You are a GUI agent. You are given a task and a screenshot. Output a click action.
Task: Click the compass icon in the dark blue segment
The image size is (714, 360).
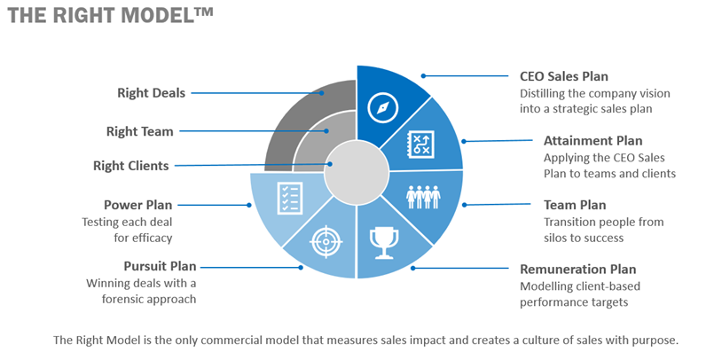pos(383,108)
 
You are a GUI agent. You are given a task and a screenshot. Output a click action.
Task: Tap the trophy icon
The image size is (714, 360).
pos(384,244)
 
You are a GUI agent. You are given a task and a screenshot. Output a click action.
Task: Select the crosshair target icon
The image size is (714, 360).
pos(326,241)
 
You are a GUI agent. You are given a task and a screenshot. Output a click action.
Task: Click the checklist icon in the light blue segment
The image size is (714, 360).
pos(290,198)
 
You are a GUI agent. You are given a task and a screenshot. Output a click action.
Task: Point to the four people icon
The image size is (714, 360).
pos(423,197)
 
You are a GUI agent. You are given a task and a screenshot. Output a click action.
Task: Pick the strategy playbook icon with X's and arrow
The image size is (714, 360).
pos(420,145)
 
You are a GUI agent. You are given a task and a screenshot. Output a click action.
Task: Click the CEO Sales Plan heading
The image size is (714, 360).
pos(564,76)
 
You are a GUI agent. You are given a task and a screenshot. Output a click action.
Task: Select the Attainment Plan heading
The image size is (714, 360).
pos(592,141)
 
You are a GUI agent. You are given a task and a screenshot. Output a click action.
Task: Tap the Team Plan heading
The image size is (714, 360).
pos(575,205)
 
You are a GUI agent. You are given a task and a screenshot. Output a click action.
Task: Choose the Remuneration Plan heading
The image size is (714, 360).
pos(577,270)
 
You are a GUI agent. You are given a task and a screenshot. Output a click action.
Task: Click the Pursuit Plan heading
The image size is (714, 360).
pos(160,266)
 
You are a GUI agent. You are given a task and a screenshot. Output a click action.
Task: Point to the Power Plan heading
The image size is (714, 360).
pos(138,205)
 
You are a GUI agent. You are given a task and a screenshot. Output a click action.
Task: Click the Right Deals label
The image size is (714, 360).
pos(151,93)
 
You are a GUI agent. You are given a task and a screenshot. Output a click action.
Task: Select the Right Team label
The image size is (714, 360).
pos(140,131)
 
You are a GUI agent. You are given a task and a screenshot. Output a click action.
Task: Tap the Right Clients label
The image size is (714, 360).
pos(131,166)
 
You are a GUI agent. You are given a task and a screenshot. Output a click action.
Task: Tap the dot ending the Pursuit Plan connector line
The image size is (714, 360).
pos(301,268)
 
